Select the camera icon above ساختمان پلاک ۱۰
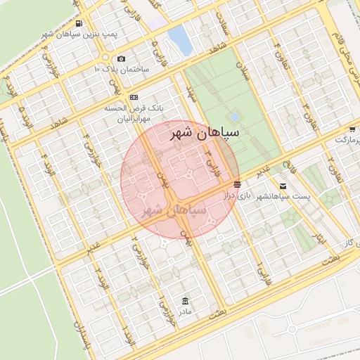coord(121,58)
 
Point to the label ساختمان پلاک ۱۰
coord(121,70)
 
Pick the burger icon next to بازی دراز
coord(238,183)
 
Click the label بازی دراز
coord(238,195)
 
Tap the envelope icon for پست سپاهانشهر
coord(283,186)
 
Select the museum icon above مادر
coord(185,300)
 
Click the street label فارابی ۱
coord(261,269)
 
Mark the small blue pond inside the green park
coord(234,117)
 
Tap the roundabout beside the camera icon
coord(106,57)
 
